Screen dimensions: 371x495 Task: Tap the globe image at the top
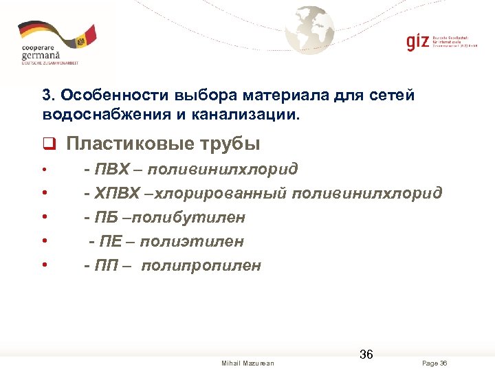[x=311, y=30]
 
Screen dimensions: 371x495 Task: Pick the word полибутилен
[x=188, y=217]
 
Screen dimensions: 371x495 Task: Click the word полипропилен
[x=201, y=265]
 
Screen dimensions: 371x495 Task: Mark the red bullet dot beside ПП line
[x=44, y=266]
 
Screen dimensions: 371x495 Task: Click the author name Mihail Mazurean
[x=247, y=363]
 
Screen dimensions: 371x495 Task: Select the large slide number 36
[x=366, y=355]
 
